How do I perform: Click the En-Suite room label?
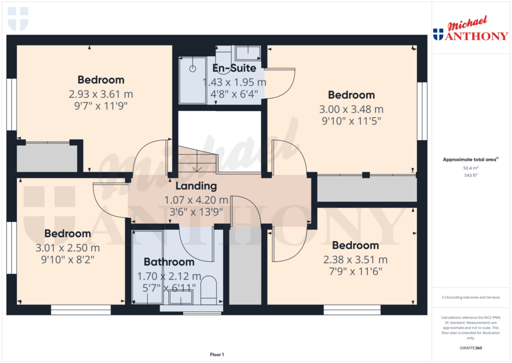[234, 68]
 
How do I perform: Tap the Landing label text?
[196, 186]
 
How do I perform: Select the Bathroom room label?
[169, 262]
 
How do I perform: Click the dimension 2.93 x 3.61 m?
[101, 94]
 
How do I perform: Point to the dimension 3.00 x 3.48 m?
[351, 109]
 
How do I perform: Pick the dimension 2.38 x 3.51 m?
[355, 260]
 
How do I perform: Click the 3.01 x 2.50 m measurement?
[67, 248]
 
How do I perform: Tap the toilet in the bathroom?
[208, 291]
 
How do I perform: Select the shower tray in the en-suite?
[192, 79]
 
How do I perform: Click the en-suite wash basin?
[247, 52]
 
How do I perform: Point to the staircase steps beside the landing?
[198, 160]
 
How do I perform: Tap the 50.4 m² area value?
[470, 168]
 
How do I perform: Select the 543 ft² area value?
[470, 175]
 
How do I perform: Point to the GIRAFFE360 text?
[470, 348]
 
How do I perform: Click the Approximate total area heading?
[470, 159]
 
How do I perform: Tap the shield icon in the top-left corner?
[18, 19]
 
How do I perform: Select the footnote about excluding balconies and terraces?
[470, 297]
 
